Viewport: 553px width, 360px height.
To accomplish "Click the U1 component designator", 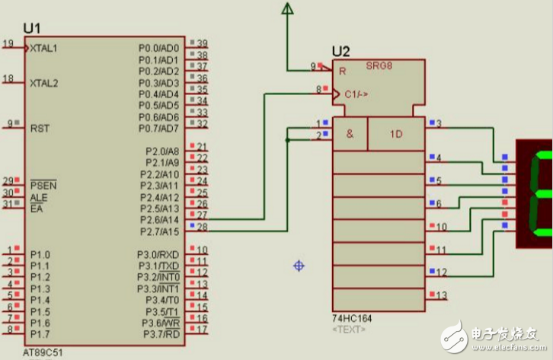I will pos(31,28).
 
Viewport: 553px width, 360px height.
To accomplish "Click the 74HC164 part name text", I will pos(351,318).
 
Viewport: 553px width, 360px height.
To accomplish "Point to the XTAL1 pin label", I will pos(43,48).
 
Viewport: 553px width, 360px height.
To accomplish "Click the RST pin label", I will pos(40,129).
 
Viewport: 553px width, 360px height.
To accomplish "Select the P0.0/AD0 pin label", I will pos(158,48).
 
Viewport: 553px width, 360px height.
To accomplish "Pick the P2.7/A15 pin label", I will pos(162,231).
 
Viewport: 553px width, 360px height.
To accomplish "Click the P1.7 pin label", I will pos(40,334).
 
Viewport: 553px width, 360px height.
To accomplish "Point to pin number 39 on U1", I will pos(203,43).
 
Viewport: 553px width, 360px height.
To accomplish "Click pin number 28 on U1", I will pos(203,227).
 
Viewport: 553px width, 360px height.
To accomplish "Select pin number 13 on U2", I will pos(441,295).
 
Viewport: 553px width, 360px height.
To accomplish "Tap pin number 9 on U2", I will pos(312,67).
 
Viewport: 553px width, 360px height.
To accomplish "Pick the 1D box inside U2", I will pos(396,134).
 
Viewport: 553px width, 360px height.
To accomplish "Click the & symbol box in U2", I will pos(350,134).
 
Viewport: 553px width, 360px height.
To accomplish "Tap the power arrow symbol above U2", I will pos(287,9).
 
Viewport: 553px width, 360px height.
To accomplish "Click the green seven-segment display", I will pos(535,193).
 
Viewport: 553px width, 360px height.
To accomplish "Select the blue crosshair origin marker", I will pos(299,266).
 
